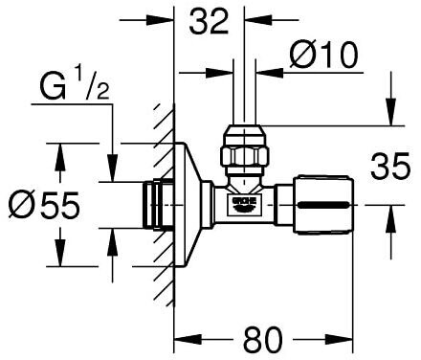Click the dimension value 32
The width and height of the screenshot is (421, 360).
click(209, 21)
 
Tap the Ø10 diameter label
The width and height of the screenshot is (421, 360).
click(323, 55)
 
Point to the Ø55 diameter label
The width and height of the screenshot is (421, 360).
click(44, 205)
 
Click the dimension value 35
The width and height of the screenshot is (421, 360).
click(390, 166)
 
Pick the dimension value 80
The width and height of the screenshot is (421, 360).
click(263, 339)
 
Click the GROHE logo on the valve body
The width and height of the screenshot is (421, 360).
click(245, 205)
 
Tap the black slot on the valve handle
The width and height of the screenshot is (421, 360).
click(323, 205)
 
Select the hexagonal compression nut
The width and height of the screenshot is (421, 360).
click(245, 150)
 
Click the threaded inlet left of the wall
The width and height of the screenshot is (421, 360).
click(158, 205)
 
